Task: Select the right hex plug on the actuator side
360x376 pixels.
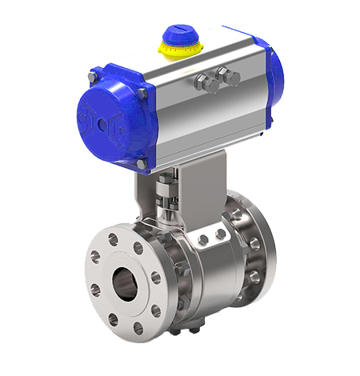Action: pyautogui.click(x=232, y=78)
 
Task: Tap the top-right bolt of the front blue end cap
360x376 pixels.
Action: pyautogui.click(x=142, y=94)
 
